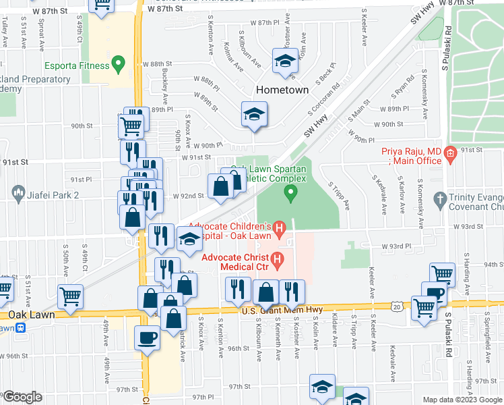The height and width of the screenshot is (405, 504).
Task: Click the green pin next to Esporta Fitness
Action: (119, 65)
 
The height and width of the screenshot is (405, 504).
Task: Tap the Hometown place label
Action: (282, 90)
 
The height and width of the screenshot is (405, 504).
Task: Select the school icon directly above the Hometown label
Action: (285, 61)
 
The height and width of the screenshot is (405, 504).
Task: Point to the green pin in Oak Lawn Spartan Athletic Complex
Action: (291, 194)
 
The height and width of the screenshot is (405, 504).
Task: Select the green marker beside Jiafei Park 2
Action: (13, 194)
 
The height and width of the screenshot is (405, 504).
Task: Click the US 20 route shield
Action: (398, 308)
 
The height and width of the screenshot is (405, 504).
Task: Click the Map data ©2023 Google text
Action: (462, 400)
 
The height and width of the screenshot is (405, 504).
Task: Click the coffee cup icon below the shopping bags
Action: (146, 337)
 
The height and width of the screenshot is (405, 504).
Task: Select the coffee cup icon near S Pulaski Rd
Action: (435, 294)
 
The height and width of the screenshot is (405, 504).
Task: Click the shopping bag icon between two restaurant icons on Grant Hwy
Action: (267, 292)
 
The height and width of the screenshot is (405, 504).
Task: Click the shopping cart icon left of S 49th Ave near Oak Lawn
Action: (70, 296)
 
